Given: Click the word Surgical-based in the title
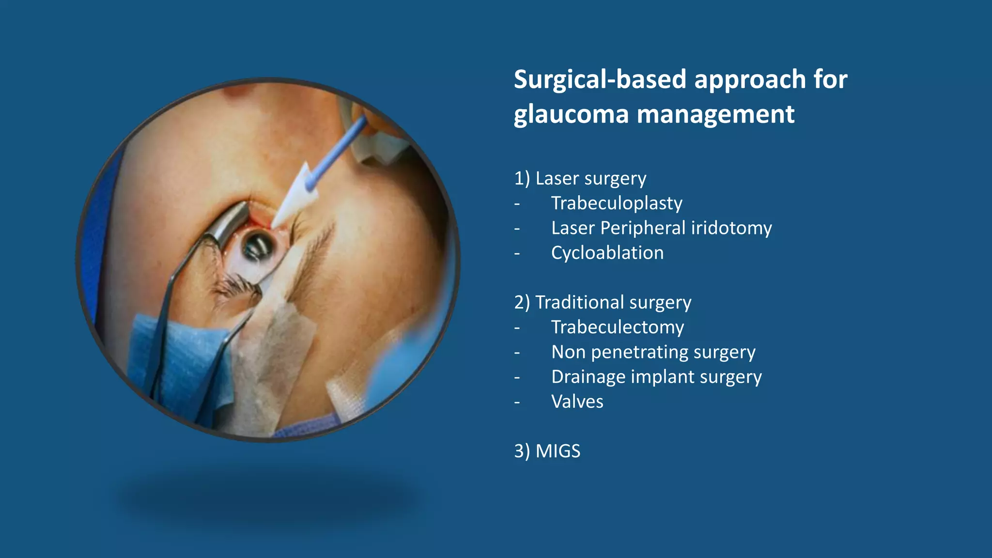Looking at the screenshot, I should (601, 79).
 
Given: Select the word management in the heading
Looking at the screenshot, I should (715, 115).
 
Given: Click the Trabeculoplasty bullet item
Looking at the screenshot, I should (617, 203).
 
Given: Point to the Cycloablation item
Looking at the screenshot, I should (607, 253).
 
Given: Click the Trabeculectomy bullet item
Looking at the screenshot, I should (618, 327).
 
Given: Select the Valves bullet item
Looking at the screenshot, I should (577, 402).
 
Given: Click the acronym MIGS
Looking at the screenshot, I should (558, 451).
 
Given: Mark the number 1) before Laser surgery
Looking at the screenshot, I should (522, 179).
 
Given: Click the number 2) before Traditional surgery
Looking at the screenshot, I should (522, 303).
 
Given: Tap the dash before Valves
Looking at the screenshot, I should (517, 402).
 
